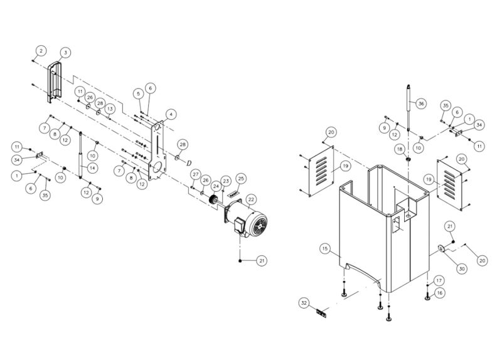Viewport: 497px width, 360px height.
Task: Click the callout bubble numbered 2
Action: tap(41, 50)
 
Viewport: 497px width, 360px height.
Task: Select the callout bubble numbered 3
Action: tap(66, 52)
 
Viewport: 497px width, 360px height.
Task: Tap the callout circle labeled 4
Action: tap(171, 114)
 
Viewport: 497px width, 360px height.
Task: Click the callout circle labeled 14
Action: tap(92, 167)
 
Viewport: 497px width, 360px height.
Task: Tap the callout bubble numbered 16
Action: tap(439, 292)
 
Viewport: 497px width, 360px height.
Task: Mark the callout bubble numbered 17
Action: tap(439, 280)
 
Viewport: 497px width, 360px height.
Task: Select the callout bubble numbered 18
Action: tap(398, 149)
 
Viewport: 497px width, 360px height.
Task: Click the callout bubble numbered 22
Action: tap(251, 199)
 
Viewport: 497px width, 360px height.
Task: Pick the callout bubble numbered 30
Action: tap(461, 268)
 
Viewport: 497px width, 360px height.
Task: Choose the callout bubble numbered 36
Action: tap(421, 103)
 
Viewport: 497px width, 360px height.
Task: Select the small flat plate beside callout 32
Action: tap(321, 313)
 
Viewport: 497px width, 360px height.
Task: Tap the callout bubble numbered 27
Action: tap(196, 174)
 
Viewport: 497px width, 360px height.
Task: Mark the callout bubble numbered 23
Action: tap(226, 182)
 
